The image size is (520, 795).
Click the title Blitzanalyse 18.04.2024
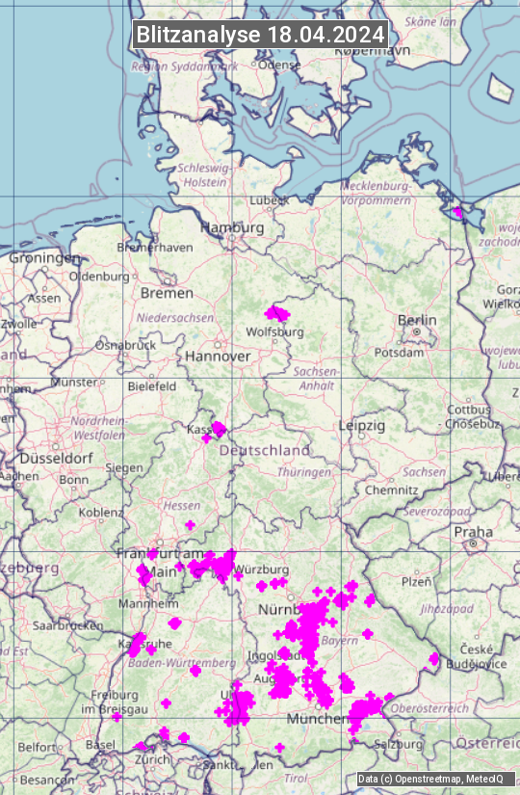pos(260,34)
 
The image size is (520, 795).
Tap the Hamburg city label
pos(232,227)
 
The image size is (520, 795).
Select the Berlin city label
pos(417,320)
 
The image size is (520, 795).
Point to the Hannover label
pos(218,356)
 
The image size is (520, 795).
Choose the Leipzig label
pos(362,425)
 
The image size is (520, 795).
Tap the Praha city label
pos(473,531)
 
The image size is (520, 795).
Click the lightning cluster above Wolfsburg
pos(276,313)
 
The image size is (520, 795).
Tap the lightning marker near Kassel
pos(219,428)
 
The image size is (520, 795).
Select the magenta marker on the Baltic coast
pos(457,212)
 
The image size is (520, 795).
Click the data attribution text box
pos(430,779)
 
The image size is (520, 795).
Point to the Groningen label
pos(44,258)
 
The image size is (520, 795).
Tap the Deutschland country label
pos(265,450)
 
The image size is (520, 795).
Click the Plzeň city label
pos(416,581)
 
